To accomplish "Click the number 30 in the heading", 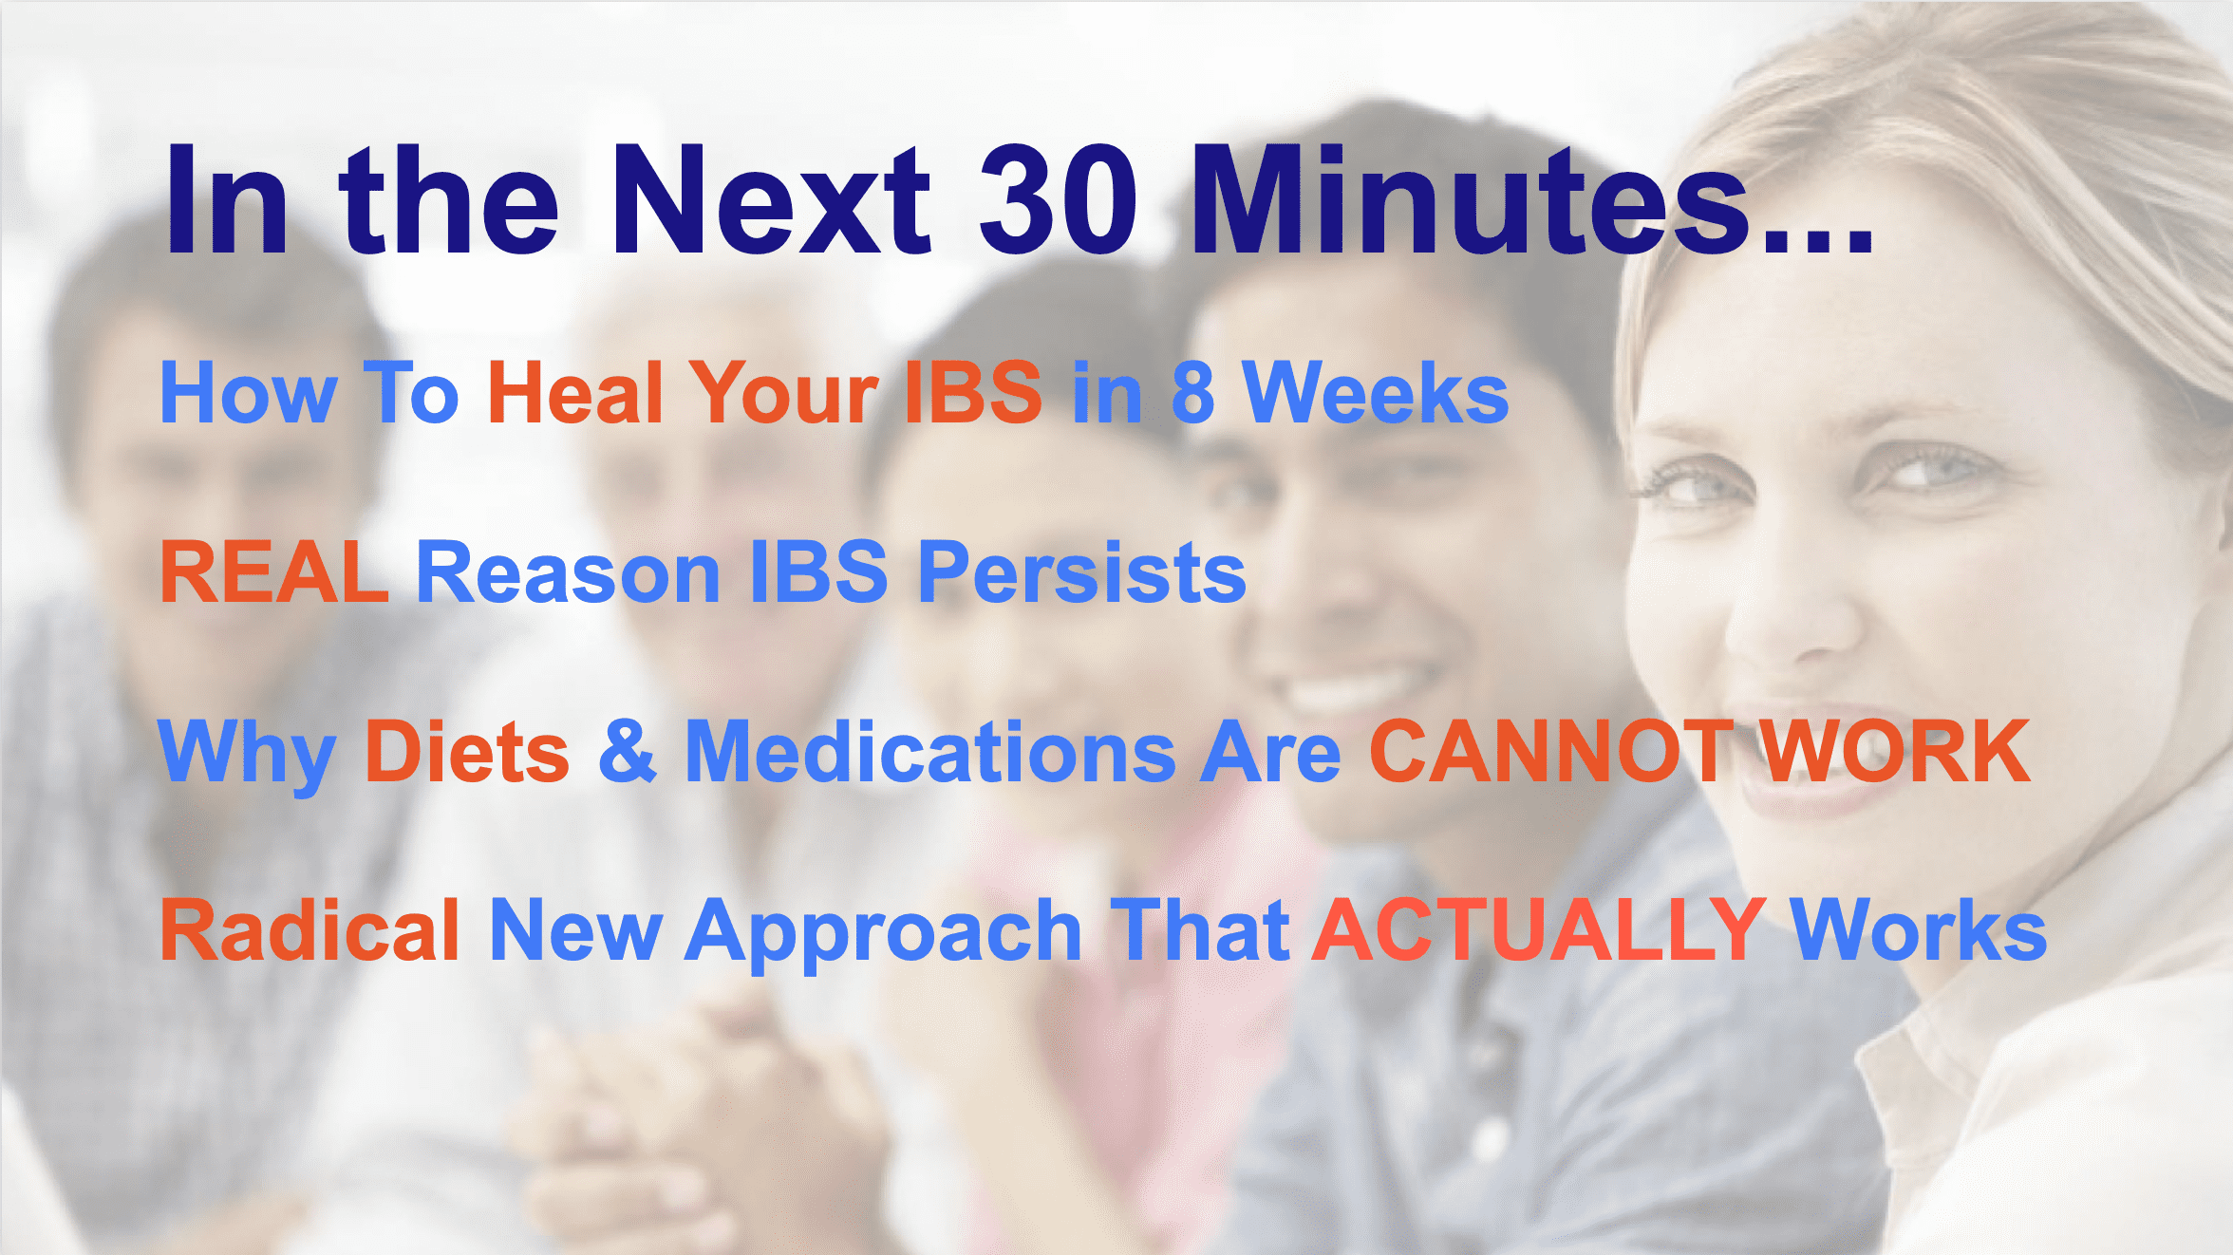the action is tap(1058, 199).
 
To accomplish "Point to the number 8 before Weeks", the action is tap(1193, 392).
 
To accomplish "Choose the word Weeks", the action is tap(1376, 392).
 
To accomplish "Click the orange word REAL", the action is tap(274, 571).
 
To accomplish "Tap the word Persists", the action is tap(1082, 571).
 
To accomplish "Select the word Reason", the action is tap(569, 571).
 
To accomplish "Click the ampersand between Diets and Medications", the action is tap(628, 751).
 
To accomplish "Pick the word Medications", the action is tap(930, 751).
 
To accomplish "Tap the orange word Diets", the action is tap(467, 751).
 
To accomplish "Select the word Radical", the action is tap(310, 930).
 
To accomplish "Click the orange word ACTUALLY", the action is tap(1539, 930).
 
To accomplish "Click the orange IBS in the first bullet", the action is tap(973, 392).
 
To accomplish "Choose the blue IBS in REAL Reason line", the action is tap(819, 571).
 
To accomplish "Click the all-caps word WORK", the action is tap(1895, 751).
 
